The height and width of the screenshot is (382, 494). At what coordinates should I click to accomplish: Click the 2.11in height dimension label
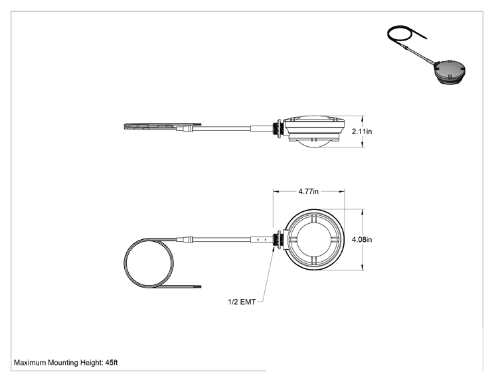pos(362,132)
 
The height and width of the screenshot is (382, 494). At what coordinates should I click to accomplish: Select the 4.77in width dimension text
pos(309,191)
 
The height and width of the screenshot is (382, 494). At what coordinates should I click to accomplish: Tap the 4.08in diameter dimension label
pos(362,240)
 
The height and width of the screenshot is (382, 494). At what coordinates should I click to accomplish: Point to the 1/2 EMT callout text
pos(242,302)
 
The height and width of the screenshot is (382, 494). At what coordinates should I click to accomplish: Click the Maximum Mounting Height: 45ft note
pos(66,363)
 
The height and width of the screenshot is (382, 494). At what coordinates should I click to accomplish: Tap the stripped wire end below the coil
pos(198,286)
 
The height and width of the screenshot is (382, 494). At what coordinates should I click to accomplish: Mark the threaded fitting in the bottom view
pos(278,240)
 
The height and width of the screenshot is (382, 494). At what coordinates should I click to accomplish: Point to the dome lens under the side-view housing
pos(314,143)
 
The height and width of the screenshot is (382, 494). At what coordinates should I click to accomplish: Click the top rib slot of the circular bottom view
pos(314,219)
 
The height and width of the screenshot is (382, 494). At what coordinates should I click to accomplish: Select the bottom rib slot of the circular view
pos(314,260)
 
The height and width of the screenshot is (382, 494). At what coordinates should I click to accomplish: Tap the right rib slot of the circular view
pos(335,240)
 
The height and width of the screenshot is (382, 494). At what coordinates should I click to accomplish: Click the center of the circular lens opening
pos(314,240)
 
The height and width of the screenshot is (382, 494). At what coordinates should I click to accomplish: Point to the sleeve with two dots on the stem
pos(262,240)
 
